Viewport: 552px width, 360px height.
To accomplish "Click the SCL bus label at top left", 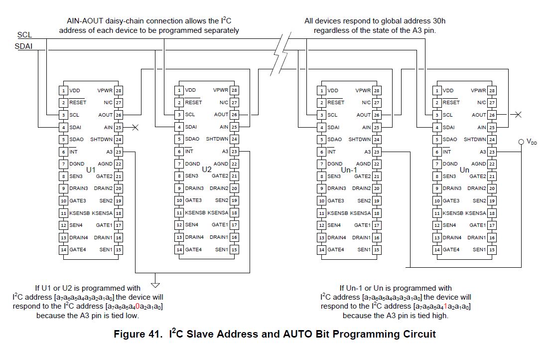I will [x=24, y=35].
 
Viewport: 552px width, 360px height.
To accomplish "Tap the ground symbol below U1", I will [x=155, y=285].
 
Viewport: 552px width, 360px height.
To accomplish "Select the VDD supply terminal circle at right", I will [x=521, y=142].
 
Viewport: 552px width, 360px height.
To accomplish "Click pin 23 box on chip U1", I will [x=119, y=152].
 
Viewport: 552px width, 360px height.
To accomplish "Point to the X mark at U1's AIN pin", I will [x=135, y=128].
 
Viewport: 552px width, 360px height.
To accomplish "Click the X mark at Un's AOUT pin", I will [x=518, y=115].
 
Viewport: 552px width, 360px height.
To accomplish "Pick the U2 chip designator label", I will [x=207, y=170].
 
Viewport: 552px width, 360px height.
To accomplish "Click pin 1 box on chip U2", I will [x=179, y=91].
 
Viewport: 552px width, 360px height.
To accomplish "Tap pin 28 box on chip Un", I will [x=492, y=91].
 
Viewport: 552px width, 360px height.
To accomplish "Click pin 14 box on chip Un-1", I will [x=322, y=250].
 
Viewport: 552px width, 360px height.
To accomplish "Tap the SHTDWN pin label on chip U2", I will [x=217, y=140].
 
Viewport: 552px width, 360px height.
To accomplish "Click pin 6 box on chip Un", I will [x=437, y=152].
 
